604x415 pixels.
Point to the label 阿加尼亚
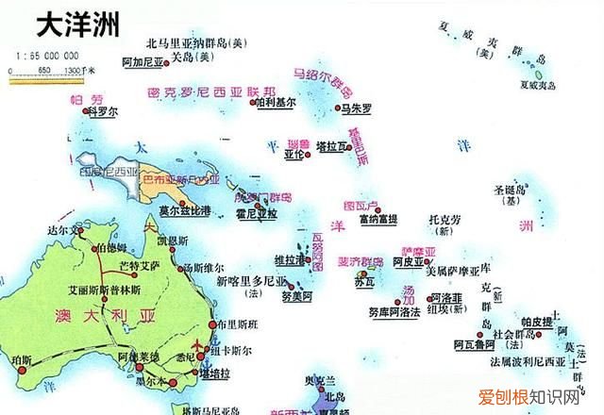pos(143,58)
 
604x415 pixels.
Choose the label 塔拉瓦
pos(333,146)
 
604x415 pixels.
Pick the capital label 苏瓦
pos(364,282)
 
